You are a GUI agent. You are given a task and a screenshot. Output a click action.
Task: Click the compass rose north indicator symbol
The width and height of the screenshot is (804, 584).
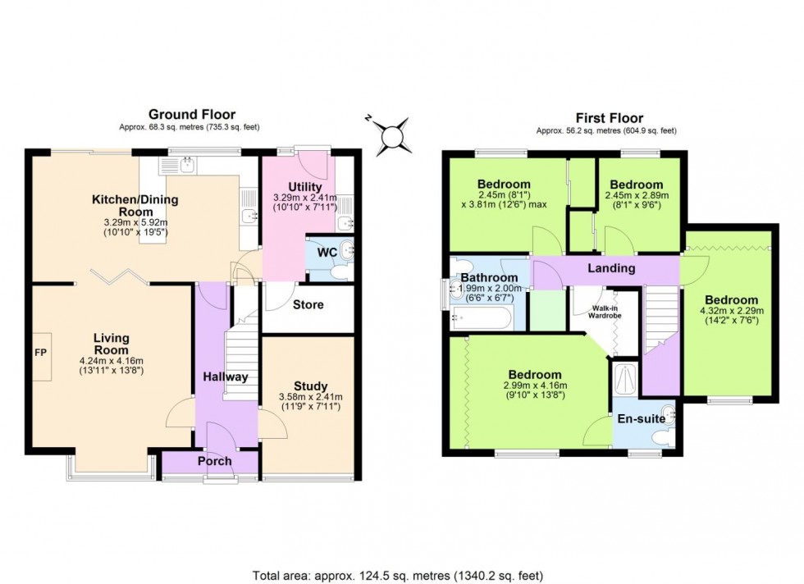pyautogui.click(x=391, y=134)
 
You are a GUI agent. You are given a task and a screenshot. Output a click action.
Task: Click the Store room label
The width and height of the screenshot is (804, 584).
pyautogui.click(x=308, y=304)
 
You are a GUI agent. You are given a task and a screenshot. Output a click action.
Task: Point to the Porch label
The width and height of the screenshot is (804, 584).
pyautogui.click(x=215, y=461)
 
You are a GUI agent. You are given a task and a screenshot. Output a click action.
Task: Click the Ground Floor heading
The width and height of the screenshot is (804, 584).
pyautogui.click(x=191, y=115)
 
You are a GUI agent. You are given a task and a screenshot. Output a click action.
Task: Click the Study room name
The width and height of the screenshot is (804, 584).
pyautogui.click(x=310, y=386)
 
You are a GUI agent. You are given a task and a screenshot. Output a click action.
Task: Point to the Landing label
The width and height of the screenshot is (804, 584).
pyautogui.click(x=611, y=268)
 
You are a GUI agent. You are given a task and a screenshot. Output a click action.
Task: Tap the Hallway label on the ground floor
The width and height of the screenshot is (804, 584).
pyautogui.click(x=226, y=377)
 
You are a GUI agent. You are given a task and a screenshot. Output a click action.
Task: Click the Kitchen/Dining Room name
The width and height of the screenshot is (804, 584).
pyautogui.click(x=135, y=205)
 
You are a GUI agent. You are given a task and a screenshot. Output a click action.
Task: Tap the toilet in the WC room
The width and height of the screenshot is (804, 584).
pyautogui.click(x=346, y=250)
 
